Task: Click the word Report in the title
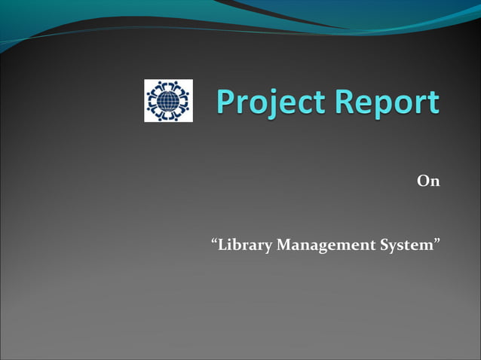(390, 102)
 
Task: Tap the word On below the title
(428, 182)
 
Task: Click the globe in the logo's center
(168, 101)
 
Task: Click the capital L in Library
(223, 246)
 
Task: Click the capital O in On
(423, 182)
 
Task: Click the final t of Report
(434, 103)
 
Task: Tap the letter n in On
(434, 183)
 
